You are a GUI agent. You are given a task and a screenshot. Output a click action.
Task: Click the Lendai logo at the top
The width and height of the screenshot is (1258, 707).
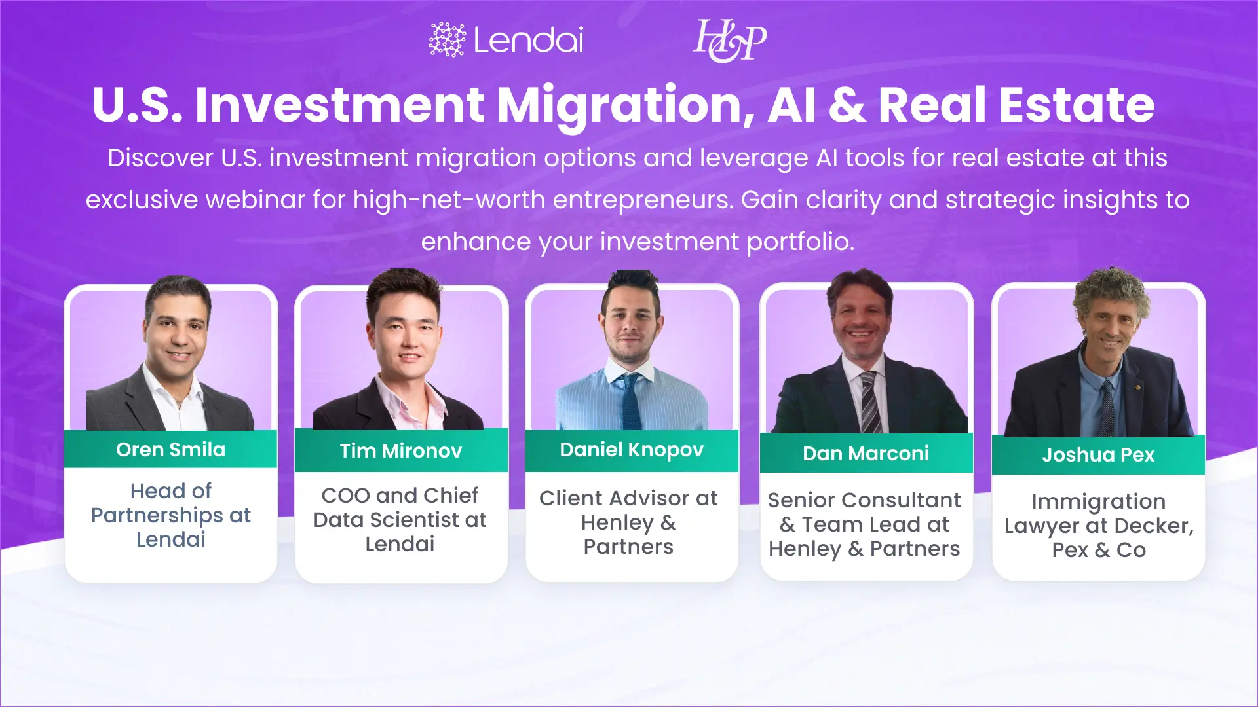tap(506, 40)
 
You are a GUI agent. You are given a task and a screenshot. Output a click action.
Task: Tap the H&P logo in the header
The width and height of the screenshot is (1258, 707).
tap(729, 41)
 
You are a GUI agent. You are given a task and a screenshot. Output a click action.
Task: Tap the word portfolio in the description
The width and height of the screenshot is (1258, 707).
tap(799, 242)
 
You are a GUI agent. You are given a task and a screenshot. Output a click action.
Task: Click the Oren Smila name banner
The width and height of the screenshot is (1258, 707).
tap(170, 450)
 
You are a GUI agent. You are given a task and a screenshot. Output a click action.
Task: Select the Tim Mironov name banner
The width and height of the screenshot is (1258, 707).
tap(401, 451)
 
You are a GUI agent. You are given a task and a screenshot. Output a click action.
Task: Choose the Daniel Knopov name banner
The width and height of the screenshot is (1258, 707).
tap(632, 450)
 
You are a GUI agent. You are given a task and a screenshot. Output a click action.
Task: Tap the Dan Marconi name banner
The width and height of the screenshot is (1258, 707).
tap(866, 453)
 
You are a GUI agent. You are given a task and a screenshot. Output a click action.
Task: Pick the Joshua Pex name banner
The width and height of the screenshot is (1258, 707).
tap(1098, 455)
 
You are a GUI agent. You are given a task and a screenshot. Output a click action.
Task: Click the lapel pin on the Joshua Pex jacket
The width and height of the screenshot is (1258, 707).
tap(1137, 388)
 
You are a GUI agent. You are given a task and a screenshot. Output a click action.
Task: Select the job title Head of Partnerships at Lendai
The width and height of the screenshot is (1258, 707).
tap(170, 515)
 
